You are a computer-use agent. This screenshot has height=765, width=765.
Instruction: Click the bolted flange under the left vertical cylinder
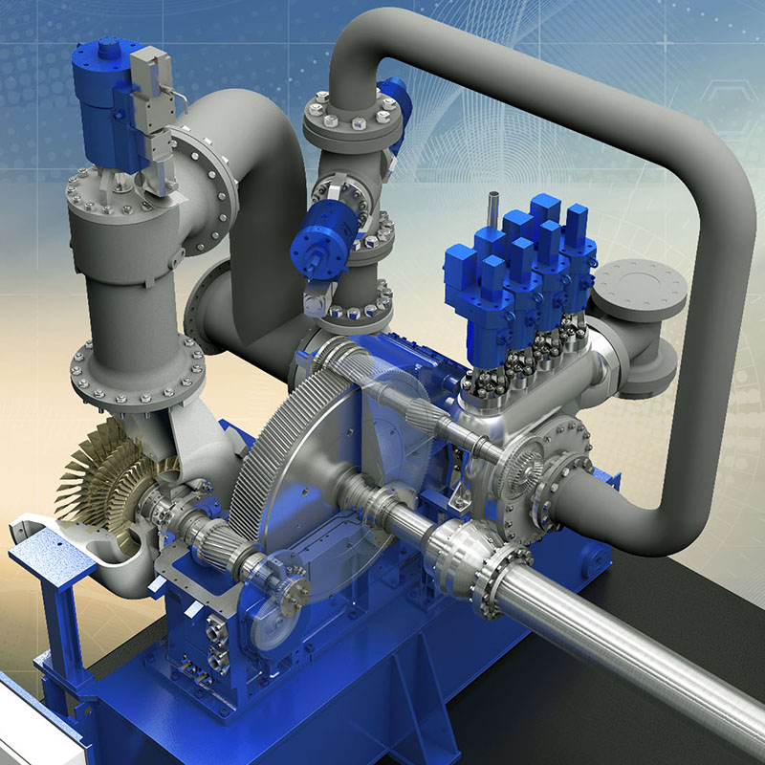coord(139,368)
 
